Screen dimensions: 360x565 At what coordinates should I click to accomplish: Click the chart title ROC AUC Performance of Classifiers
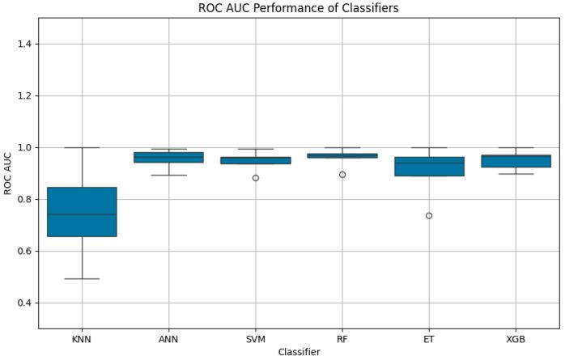click(x=299, y=8)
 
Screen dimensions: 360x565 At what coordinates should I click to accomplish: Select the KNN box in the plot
click(x=82, y=212)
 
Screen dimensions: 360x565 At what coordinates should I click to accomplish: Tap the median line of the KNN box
click(x=82, y=214)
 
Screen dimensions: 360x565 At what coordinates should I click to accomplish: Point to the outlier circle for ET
click(x=429, y=215)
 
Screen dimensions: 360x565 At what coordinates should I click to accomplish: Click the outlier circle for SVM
click(x=256, y=177)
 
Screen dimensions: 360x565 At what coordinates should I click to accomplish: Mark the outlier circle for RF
click(x=342, y=174)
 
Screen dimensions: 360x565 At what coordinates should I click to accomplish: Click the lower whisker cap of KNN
click(x=82, y=278)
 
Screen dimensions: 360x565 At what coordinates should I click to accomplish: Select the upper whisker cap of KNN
click(x=82, y=147)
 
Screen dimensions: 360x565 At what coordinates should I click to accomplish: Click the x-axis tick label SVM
click(x=256, y=340)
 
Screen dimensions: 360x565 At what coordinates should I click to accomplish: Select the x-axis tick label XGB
click(x=516, y=340)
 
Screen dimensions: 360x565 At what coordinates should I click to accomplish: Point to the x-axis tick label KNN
click(x=82, y=340)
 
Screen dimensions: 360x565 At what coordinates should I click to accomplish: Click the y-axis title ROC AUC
click(x=7, y=173)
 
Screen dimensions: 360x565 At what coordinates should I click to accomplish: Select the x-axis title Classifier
click(x=299, y=353)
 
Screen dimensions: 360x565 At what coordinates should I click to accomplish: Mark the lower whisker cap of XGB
click(x=516, y=174)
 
